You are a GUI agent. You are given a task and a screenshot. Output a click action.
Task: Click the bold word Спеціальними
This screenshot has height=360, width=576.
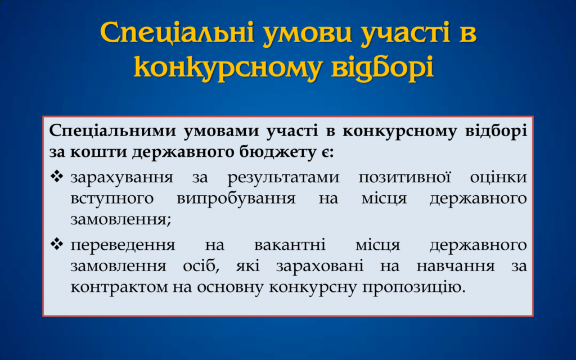pyautogui.click(x=112, y=131)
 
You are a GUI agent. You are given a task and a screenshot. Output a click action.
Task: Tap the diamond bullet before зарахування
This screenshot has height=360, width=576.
pyautogui.click(x=57, y=177)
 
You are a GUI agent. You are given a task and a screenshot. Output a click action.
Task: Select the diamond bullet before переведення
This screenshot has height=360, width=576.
pyautogui.click(x=57, y=244)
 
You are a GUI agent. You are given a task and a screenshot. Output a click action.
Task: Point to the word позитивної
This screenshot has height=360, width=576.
pyautogui.click(x=405, y=177)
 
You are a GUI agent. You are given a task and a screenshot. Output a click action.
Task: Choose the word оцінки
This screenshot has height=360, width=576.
pyautogui.click(x=498, y=177)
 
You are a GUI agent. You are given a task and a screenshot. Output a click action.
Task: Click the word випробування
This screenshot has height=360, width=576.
pyautogui.click(x=236, y=199)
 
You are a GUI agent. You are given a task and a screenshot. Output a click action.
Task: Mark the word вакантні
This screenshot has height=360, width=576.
pyautogui.click(x=290, y=245)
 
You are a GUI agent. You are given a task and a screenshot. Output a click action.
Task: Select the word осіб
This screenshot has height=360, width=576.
pyautogui.click(x=201, y=265)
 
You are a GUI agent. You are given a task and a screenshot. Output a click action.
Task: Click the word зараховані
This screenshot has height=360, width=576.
pyautogui.click(x=319, y=266)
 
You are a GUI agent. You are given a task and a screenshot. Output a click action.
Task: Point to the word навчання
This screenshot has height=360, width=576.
pyautogui.click(x=456, y=266)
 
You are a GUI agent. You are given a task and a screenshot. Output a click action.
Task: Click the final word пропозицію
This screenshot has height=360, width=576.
pyautogui.click(x=414, y=287)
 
